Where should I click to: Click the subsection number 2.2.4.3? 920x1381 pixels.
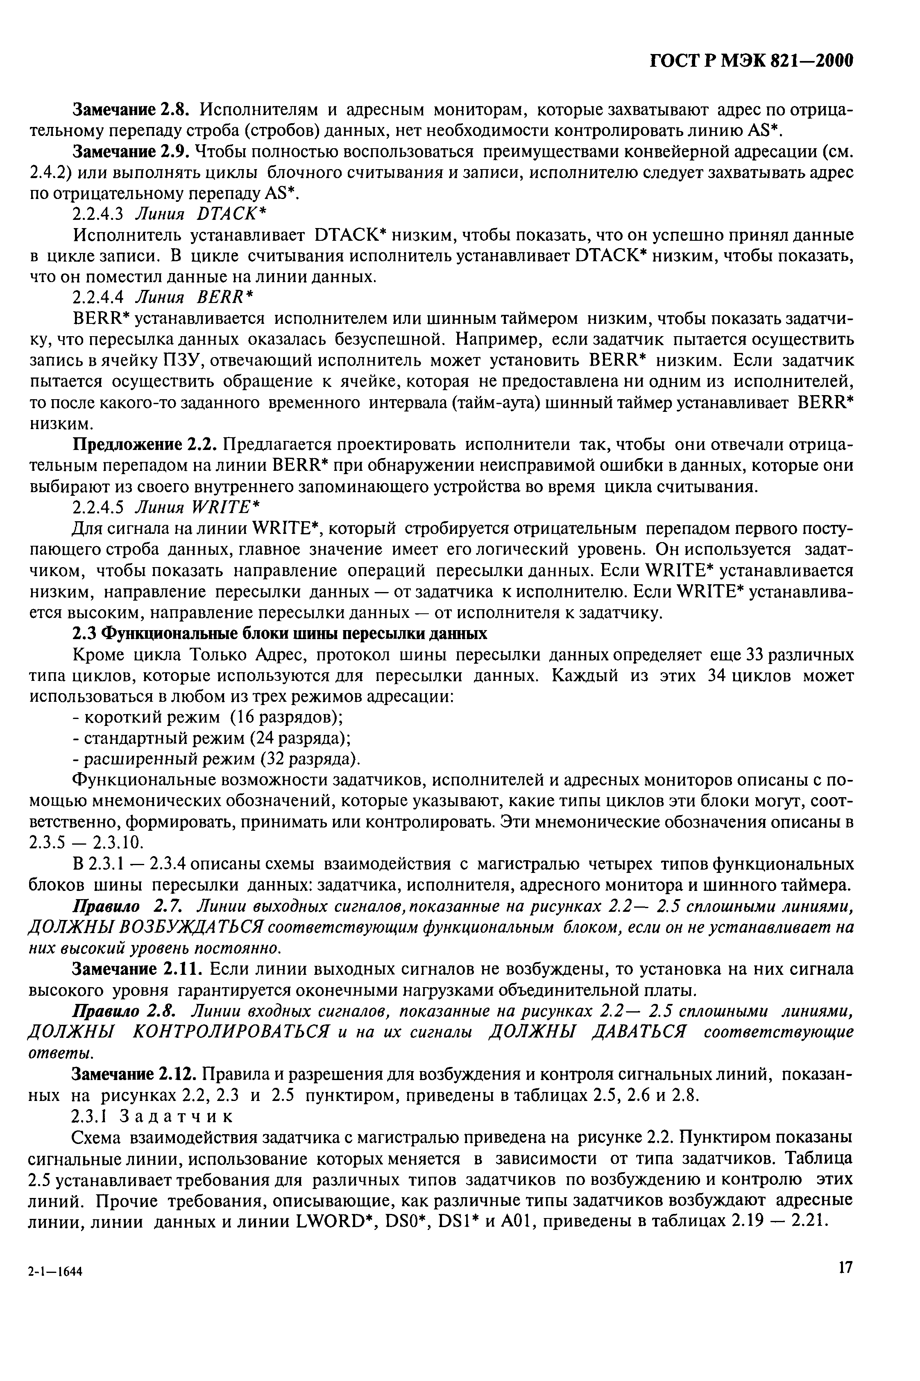click(x=98, y=215)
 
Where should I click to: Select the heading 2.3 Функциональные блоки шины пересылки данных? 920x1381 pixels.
click(x=279, y=633)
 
